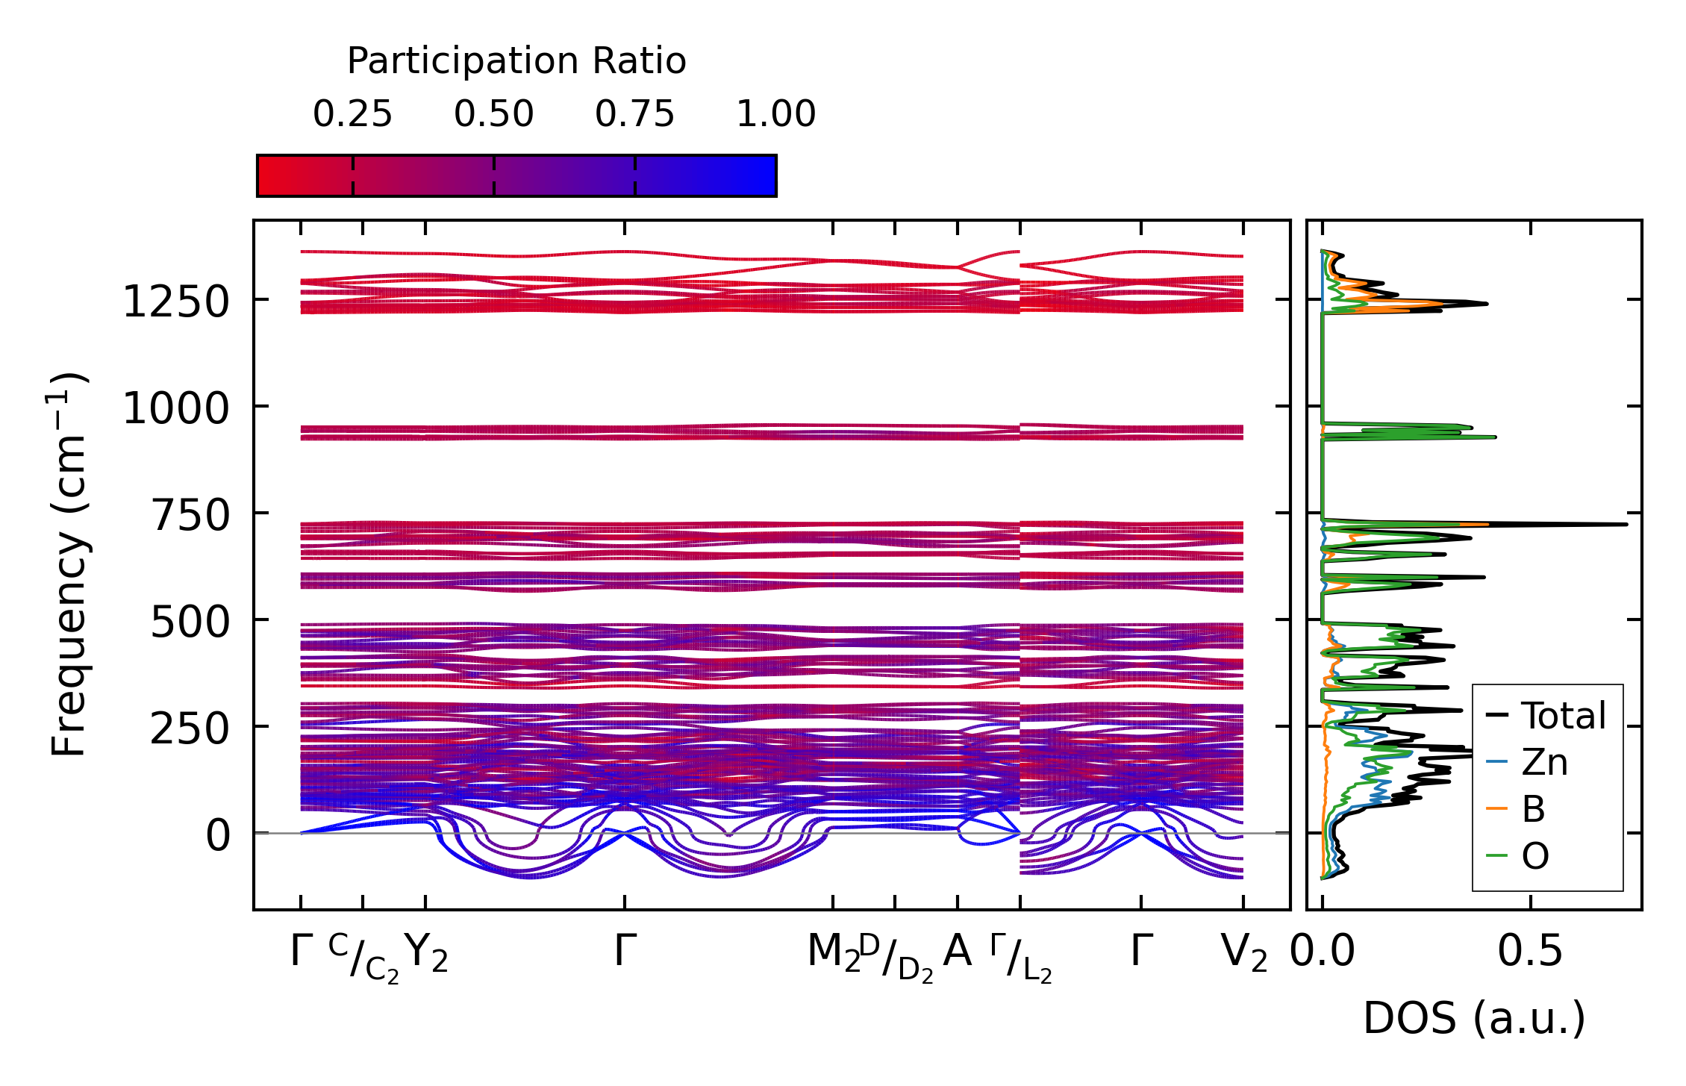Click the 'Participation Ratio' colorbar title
pos(516,61)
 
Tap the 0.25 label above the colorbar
pos(352,114)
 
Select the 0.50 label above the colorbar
pos(493,114)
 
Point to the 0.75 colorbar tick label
pos(634,114)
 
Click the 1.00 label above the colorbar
pos(775,114)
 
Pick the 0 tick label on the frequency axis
pos(218,836)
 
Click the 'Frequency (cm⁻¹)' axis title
pos(69,564)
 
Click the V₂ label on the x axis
pos(1244,953)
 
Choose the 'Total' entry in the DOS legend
pos(1563,716)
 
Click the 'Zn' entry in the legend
pos(1544,763)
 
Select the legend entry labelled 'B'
pos(1533,809)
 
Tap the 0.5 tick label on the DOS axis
pos(1530,952)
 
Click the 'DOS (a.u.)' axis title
pos(1474,1018)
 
